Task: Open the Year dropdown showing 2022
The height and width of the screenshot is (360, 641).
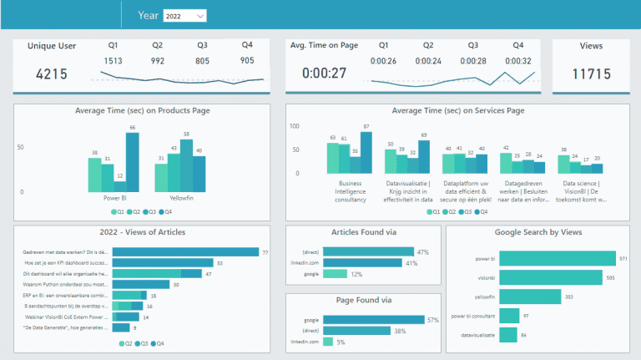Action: (x=184, y=16)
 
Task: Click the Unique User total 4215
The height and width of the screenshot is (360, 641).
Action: (x=52, y=74)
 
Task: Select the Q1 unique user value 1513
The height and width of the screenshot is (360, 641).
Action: (x=114, y=60)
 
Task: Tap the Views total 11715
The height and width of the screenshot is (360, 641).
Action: (x=591, y=74)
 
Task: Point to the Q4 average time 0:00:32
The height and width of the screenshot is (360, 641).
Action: (x=518, y=60)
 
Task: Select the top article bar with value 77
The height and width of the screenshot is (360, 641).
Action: (x=184, y=251)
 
